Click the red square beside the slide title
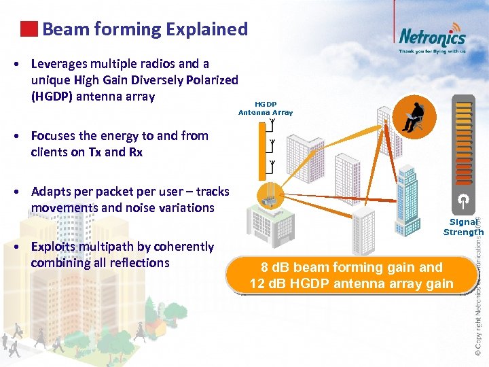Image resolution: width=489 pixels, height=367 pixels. tap(29, 29)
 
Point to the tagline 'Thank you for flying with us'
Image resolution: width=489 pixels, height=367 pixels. tap(432, 51)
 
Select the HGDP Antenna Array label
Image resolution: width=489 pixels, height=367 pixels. tap(266, 108)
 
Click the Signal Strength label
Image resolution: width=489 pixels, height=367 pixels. tap(463, 227)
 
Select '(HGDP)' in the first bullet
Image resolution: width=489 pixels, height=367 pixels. tap(52, 96)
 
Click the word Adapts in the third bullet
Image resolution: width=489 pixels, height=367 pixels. tap(52, 192)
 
